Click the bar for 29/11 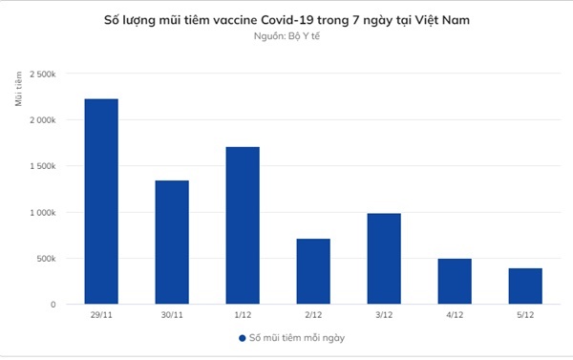[x=101, y=201]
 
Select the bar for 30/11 [x=172, y=243]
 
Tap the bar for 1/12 [x=243, y=225]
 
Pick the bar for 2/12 [x=313, y=271]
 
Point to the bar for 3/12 [x=384, y=259]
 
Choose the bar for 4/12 [x=455, y=282]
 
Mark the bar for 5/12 [x=525, y=286]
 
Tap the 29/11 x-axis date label [x=101, y=317]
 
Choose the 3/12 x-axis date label [x=384, y=317]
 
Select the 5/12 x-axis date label [x=525, y=317]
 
